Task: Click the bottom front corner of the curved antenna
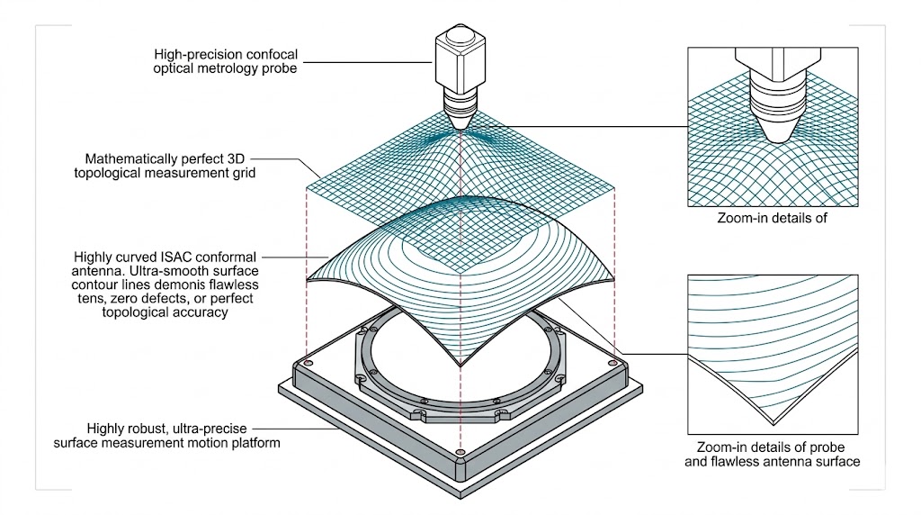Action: [460, 367]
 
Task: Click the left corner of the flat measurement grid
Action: [306, 188]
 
